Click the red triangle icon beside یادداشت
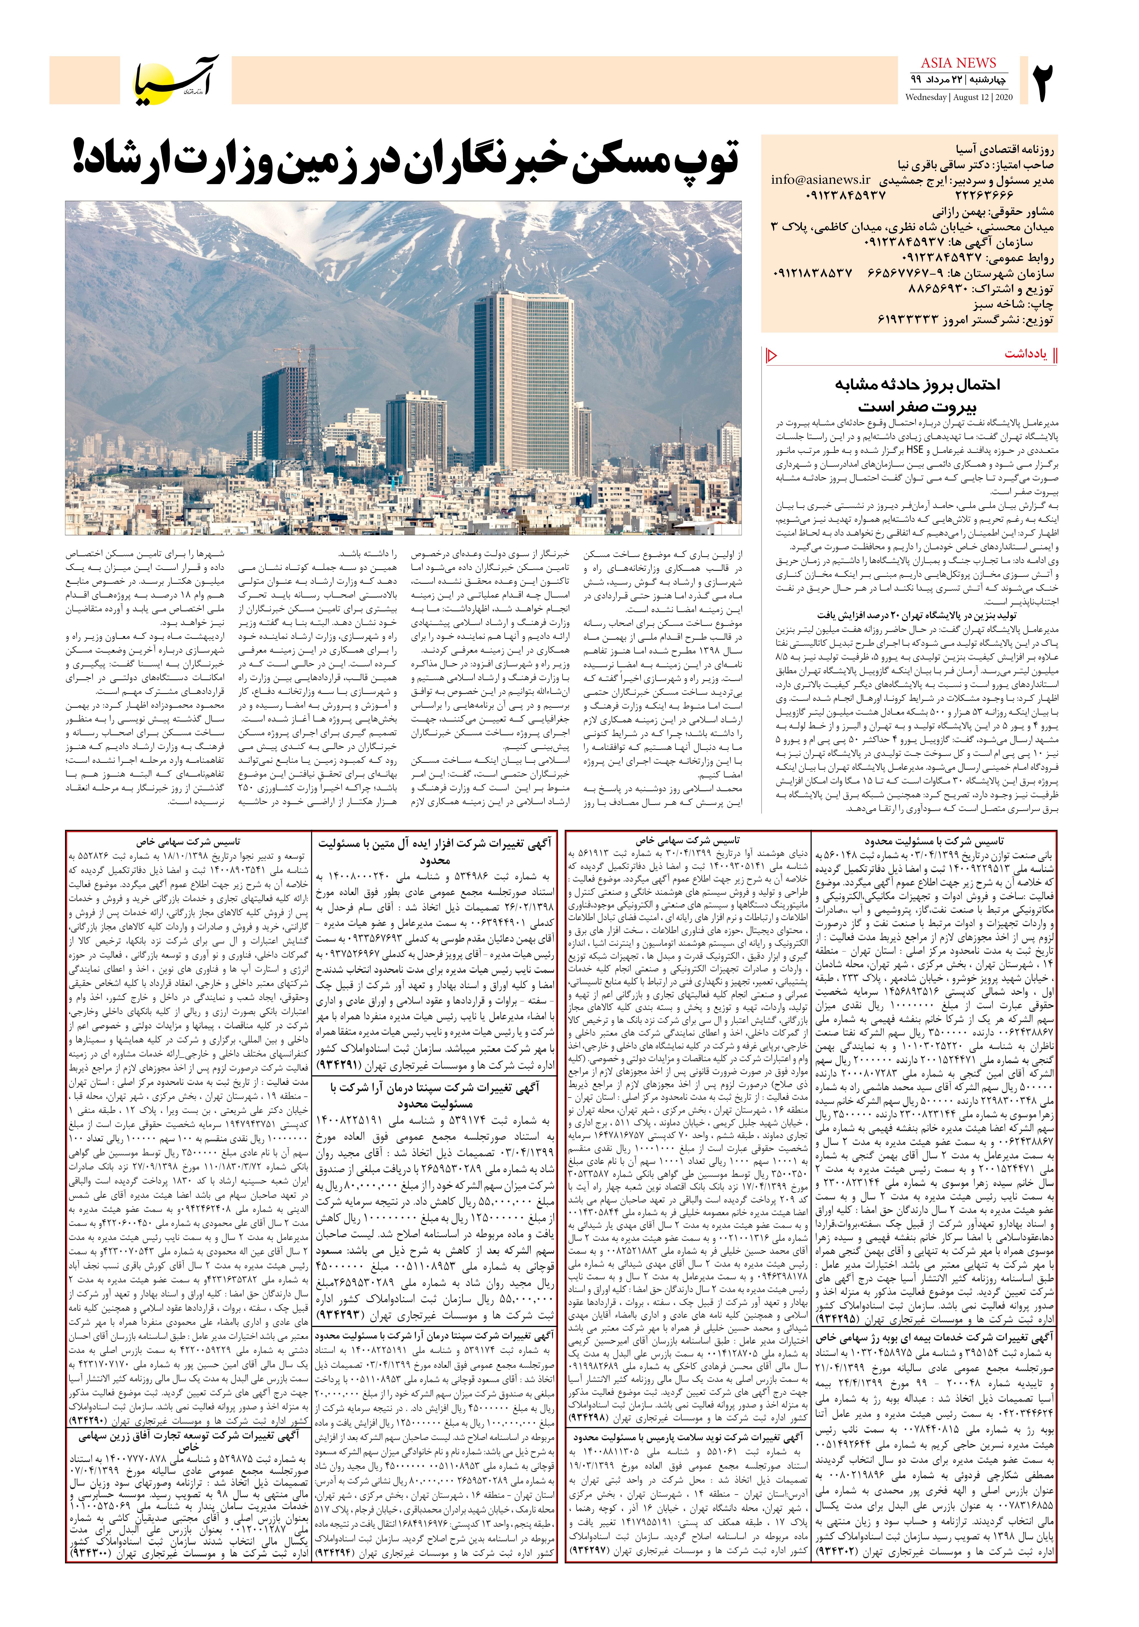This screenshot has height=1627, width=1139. point(773,354)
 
